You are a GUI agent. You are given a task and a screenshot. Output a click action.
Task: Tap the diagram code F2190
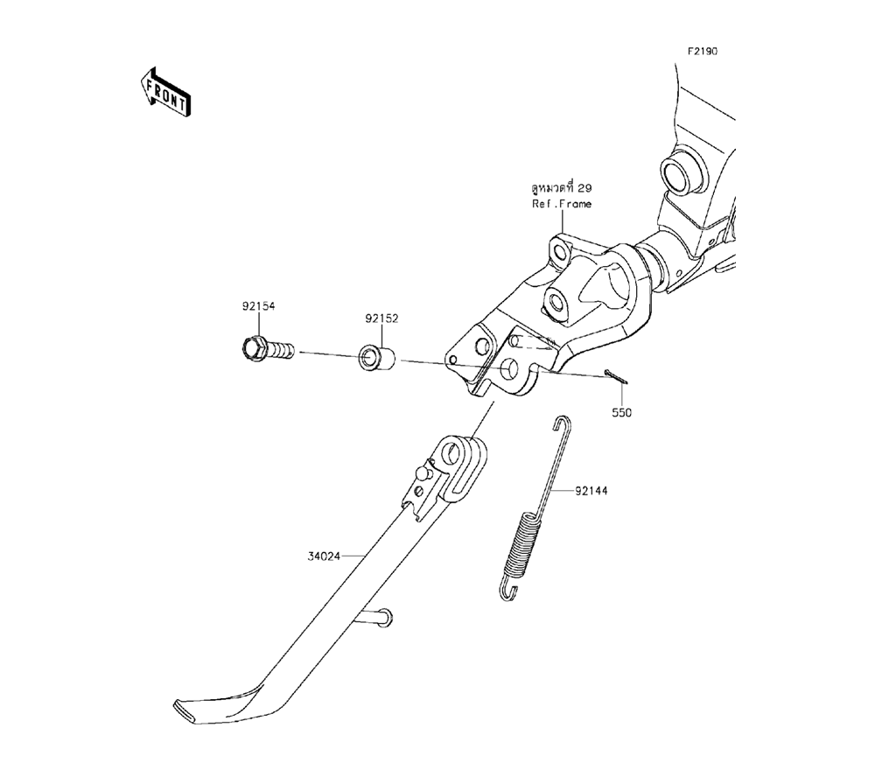[x=701, y=52]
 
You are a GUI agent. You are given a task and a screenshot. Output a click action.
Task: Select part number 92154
[x=259, y=307]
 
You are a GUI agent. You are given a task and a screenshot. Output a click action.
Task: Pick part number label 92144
[x=591, y=491]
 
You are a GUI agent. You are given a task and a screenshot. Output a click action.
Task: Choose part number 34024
[x=323, y=555]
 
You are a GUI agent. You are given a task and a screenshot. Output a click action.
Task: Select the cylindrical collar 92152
[x=377, y=359]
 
